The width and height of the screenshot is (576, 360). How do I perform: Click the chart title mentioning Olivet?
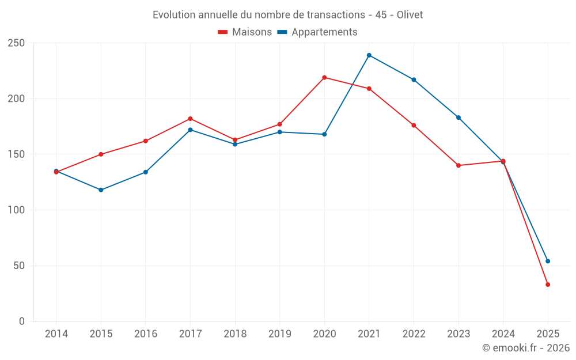(x=287, y=15)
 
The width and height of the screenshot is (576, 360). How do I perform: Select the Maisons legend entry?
(x=245, y=32)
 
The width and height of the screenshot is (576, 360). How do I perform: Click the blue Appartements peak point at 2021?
(x=369, y=55)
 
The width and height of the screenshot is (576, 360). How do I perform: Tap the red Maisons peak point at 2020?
(x=324, y=77)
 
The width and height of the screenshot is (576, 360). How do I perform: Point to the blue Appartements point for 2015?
(x=101, y=190)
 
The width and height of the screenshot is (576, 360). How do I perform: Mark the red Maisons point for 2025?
(x=548, y=285)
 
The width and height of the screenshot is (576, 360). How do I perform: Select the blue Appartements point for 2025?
(x=548, y=261)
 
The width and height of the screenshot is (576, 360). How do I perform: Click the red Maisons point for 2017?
(x=190, y=119)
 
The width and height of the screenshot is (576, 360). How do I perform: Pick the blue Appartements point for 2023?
(x=458, y=118)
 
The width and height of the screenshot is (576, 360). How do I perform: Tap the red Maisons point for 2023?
(x=458, y=165)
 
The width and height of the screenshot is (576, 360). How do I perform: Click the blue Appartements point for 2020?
(x=324, y=134)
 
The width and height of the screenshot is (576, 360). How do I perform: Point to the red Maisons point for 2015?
(x=101, y=154)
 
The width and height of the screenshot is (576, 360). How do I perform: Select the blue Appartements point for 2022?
(x=414, y=79)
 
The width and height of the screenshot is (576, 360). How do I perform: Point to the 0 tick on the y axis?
(x=21, y=321)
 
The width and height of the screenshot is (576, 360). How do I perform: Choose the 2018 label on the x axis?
(x=235, y=334)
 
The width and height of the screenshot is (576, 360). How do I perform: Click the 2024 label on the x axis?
(x=503, y=334)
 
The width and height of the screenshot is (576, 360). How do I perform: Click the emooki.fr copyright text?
(x=525, y=348)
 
